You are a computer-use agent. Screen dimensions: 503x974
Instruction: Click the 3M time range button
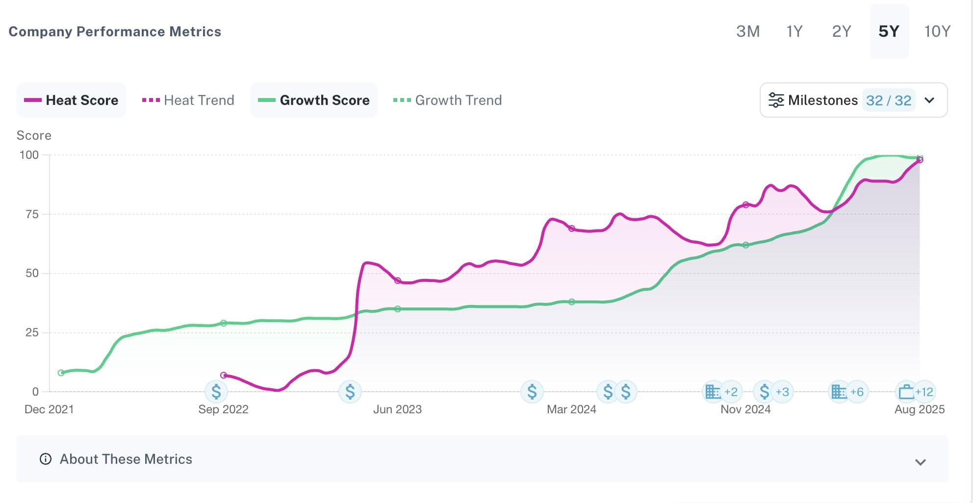(747, 31)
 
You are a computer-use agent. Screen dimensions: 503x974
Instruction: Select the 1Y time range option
(794, 31)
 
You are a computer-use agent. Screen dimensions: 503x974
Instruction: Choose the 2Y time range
(841, 31)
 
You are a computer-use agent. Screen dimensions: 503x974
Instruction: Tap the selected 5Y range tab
(889, 31)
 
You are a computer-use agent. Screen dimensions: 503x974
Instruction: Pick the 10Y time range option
(937, 31)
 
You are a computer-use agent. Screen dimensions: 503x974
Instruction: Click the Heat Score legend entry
(72, 100)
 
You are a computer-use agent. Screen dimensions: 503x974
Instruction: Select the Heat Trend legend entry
(188, 100)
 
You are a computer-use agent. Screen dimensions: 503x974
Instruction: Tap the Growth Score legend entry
(314, 100)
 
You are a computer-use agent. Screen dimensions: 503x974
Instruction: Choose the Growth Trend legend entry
(448, 100)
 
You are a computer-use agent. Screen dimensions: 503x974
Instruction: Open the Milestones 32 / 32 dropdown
(853, 100)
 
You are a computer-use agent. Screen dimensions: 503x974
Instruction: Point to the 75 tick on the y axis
(32, 214)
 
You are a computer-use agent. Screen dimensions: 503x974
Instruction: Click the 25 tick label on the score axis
(32, 333)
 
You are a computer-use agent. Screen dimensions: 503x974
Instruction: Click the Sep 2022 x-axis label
(223, 409)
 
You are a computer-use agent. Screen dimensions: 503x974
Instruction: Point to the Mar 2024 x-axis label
(571, 409)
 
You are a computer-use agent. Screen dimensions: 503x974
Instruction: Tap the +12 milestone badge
(924, 392)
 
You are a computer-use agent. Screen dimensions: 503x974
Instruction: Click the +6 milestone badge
(857, 392)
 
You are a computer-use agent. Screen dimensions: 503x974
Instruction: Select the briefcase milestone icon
(906, 392)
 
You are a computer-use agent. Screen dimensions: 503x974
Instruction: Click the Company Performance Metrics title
(115, 31)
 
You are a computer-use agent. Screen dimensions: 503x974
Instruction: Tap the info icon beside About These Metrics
(46, 459)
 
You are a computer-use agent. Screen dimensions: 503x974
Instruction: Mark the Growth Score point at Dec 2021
(61, 373)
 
